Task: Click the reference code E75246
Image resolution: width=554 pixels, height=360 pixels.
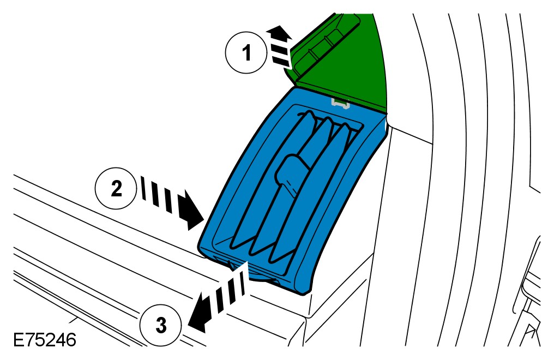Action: click(44, 341)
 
